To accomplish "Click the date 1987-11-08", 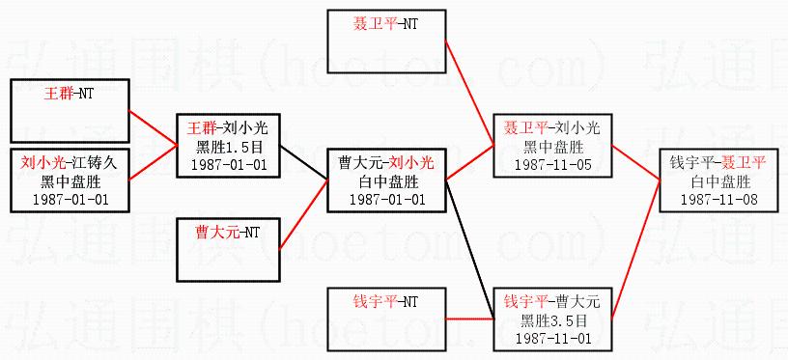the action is [x=718, y=200].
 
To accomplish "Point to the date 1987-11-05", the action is [x=552, y=165].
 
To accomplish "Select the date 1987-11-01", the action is [x=552, y=338].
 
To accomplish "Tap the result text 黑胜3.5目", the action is [x=552, y=320].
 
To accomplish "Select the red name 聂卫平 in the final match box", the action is [x=743, y=162].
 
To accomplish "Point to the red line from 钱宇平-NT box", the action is [x=470, y=318].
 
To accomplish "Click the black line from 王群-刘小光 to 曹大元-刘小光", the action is [x=303, y=162].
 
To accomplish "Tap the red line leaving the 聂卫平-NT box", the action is [x=470, y=94].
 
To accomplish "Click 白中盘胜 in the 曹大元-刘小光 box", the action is [x=386, y=181].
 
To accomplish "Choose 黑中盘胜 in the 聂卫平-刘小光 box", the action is [x=552, y=147].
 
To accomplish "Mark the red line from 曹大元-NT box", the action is [x=303, y=214].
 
